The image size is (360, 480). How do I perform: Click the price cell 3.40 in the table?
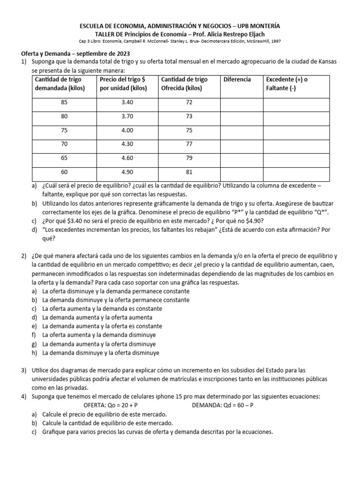point(127,102)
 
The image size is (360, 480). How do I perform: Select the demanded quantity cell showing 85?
point(64,102)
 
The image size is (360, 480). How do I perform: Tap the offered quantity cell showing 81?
point(189,172)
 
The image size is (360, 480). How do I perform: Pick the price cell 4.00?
point(127,130)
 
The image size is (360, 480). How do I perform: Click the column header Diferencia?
point(237,79)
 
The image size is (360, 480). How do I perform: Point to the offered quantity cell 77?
point(189,144)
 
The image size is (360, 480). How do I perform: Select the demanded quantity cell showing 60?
point(64,172)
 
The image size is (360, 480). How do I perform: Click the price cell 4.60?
point(127,158)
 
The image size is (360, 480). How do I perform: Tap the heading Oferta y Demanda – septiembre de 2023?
point(75,53)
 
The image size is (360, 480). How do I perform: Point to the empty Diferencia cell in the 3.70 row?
point(241,116)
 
